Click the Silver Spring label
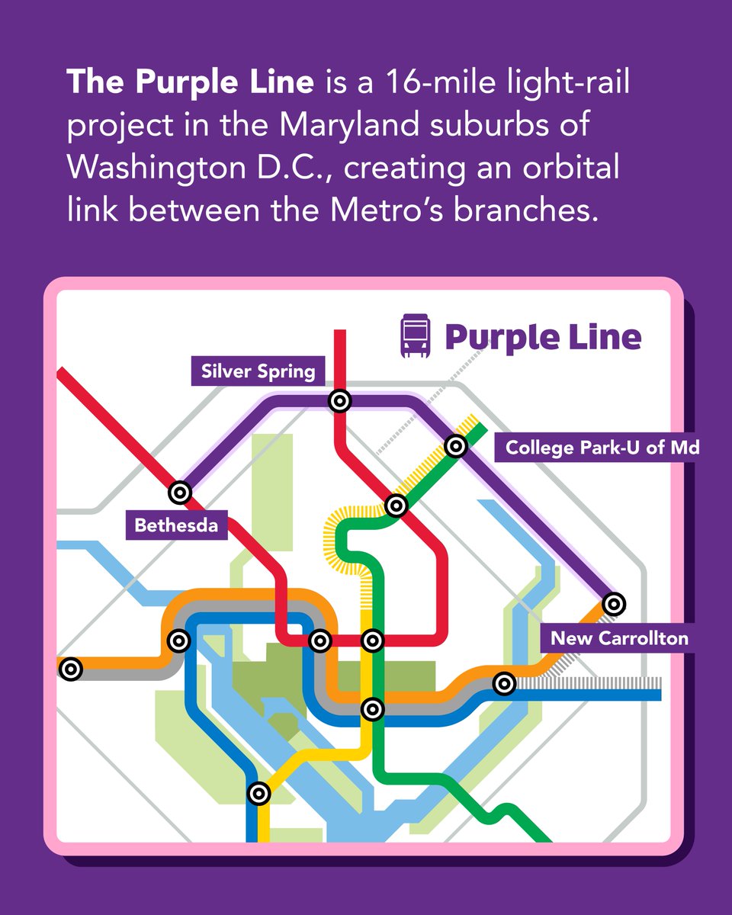pos(258,371)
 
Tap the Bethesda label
pos(176,525)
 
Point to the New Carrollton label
pos(619,637)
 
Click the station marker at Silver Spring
pos(339,400)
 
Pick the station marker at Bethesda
pos(180,492)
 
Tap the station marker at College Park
pos(455,445)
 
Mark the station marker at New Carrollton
pos(613,604)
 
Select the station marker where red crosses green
pos(396,505)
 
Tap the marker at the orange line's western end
pos(70,669)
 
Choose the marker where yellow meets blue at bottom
pos(259,793)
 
